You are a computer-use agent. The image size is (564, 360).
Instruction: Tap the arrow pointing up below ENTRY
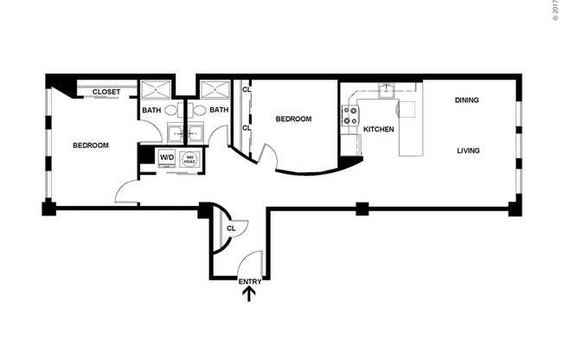click(249, 295)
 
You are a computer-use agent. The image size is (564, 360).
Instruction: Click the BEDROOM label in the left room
click(90, 145)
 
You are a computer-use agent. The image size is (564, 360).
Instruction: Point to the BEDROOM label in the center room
click(293, 119)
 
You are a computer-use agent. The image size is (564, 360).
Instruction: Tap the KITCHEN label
click(379, 129)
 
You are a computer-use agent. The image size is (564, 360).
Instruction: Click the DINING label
click(466, 100)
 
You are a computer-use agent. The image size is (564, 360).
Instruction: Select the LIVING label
click(468, 151)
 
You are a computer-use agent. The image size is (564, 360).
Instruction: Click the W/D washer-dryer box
click(166, 157)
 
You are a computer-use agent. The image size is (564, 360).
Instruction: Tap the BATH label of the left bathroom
click(151, 110)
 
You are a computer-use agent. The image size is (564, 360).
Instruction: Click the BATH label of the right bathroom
click(219, 110)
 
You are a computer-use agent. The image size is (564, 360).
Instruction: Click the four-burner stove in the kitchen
click(352, 116)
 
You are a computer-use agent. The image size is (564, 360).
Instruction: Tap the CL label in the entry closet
click(230, 228)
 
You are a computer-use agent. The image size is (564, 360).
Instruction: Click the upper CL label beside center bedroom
click(247, 89)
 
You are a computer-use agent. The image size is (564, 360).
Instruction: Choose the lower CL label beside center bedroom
click(247, 128)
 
